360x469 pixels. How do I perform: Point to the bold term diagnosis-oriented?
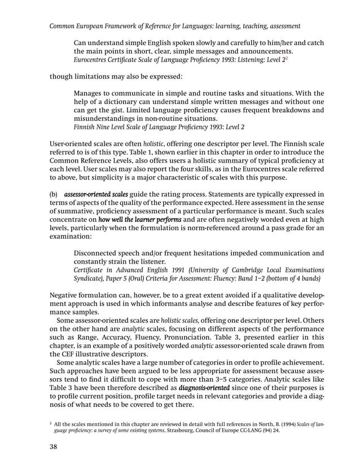[204, 388]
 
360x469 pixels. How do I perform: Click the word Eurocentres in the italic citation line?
[93, 62]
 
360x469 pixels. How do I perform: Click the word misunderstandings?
[108, 119]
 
